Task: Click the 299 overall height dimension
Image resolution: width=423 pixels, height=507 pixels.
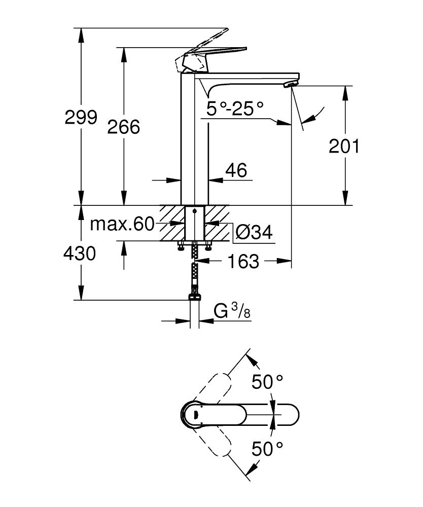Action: [81, 118]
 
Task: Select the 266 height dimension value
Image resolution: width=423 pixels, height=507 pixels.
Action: [123, 127]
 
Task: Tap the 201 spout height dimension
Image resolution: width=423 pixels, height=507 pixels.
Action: [344, 146]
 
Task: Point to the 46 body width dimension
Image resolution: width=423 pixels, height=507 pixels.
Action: [236, 170]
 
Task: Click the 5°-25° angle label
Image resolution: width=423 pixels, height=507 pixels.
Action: [236, 108]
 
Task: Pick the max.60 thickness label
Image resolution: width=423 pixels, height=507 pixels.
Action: [122, 224]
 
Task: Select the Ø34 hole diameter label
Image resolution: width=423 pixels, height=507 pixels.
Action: [254, 233]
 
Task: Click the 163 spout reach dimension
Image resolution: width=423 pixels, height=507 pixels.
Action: [243, 262]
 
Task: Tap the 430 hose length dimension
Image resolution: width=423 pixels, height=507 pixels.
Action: [80, 252]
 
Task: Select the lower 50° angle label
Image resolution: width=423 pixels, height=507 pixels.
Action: [267, 448]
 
